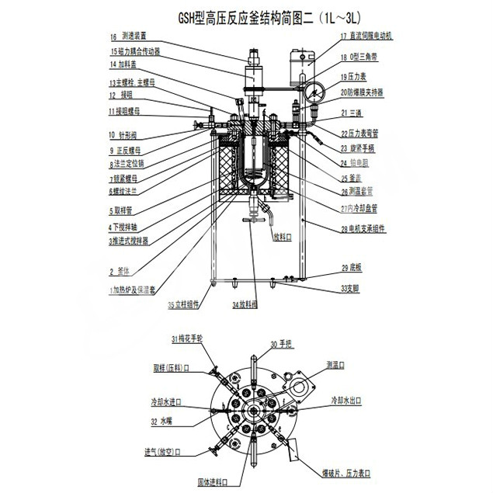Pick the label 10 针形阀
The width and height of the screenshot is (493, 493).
[123, 135]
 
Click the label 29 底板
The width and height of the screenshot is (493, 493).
[351, 268]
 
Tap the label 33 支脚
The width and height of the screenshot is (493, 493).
[351, 288]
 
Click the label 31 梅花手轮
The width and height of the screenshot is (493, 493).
[187, 339]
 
